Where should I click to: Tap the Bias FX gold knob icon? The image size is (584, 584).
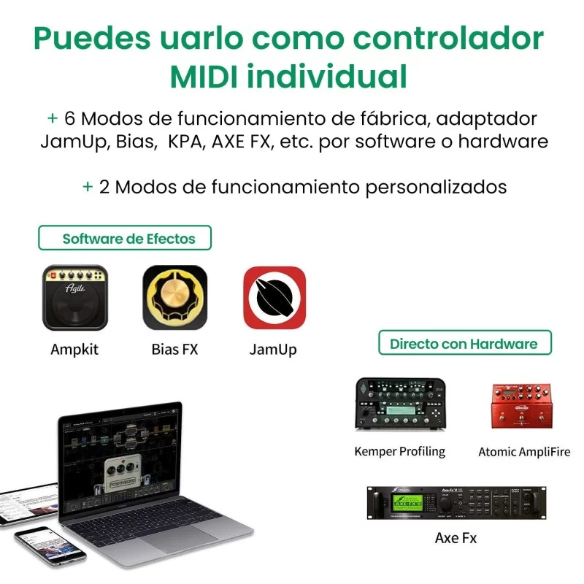(174, 298)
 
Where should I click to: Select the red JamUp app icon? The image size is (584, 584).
(274, 298)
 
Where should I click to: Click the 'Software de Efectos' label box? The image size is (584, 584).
(125, 238)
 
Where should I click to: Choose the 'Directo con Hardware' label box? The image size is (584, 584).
(464, 343)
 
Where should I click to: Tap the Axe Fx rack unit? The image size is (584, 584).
(456, 503)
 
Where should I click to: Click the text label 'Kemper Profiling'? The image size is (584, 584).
(399, 451)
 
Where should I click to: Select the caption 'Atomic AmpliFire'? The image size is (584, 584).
(524, 452)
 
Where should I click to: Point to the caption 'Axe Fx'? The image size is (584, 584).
(456, 538)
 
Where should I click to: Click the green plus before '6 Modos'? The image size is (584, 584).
(52, 118)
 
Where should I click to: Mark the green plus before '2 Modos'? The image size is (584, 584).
(87, 187)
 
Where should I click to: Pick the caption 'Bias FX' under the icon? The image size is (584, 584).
(174, 349)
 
